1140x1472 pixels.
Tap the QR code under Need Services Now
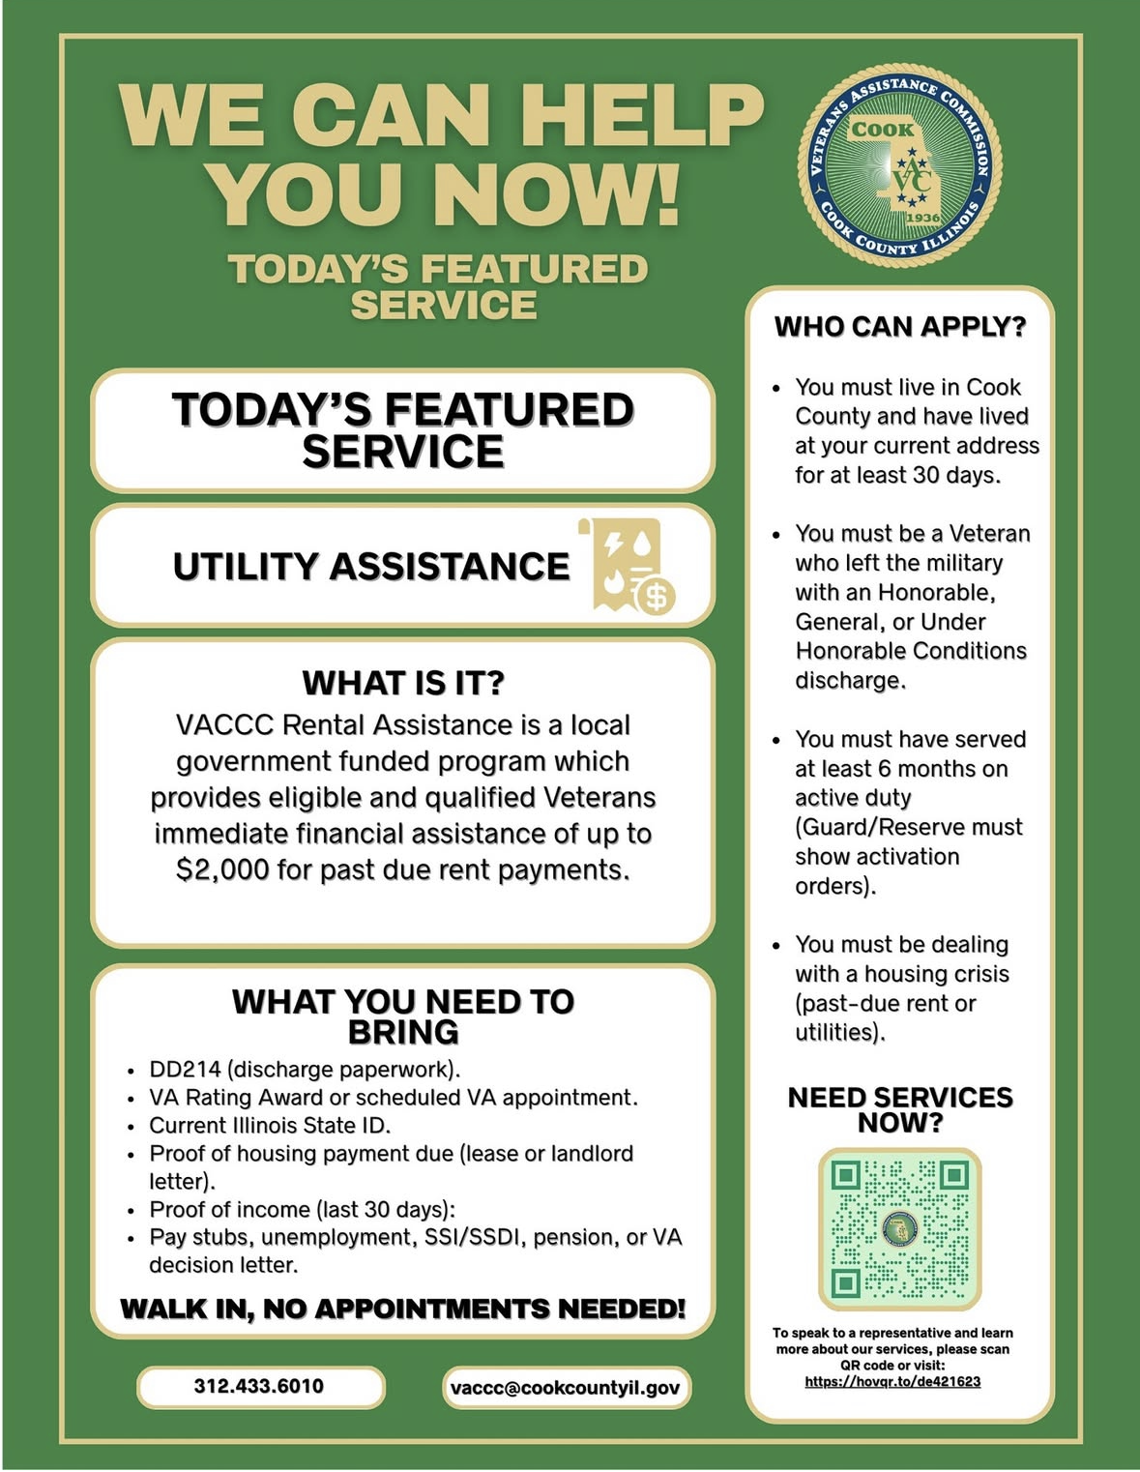[x=899, y=1228]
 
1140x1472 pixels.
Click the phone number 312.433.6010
[x=259, y=1386]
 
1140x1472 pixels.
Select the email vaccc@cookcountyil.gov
[x=565, y=1388]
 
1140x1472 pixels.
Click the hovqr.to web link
[x=892, y=1382]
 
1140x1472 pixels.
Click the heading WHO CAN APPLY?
[x=899, y=327]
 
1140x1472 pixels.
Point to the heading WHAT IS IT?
[x=403, y=683]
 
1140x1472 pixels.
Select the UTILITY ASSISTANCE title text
[x=371, y=567]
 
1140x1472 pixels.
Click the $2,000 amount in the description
[x=222, y=869]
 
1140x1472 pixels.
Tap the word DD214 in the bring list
[x=185, y=1070]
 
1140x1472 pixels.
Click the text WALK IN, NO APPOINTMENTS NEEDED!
[x=402, y=1310]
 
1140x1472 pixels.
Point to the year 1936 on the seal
[x=922, y=218]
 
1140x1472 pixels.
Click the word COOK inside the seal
[x=882, y=130]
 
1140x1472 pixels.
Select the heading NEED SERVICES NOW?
[x=900, y=1109]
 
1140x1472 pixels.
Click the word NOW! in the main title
[x=557, y=193]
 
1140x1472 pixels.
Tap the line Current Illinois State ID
[x=270, y=1126]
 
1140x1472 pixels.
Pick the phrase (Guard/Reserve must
[x=908, y=827]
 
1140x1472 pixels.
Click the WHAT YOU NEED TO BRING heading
[x=403, y=1016]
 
